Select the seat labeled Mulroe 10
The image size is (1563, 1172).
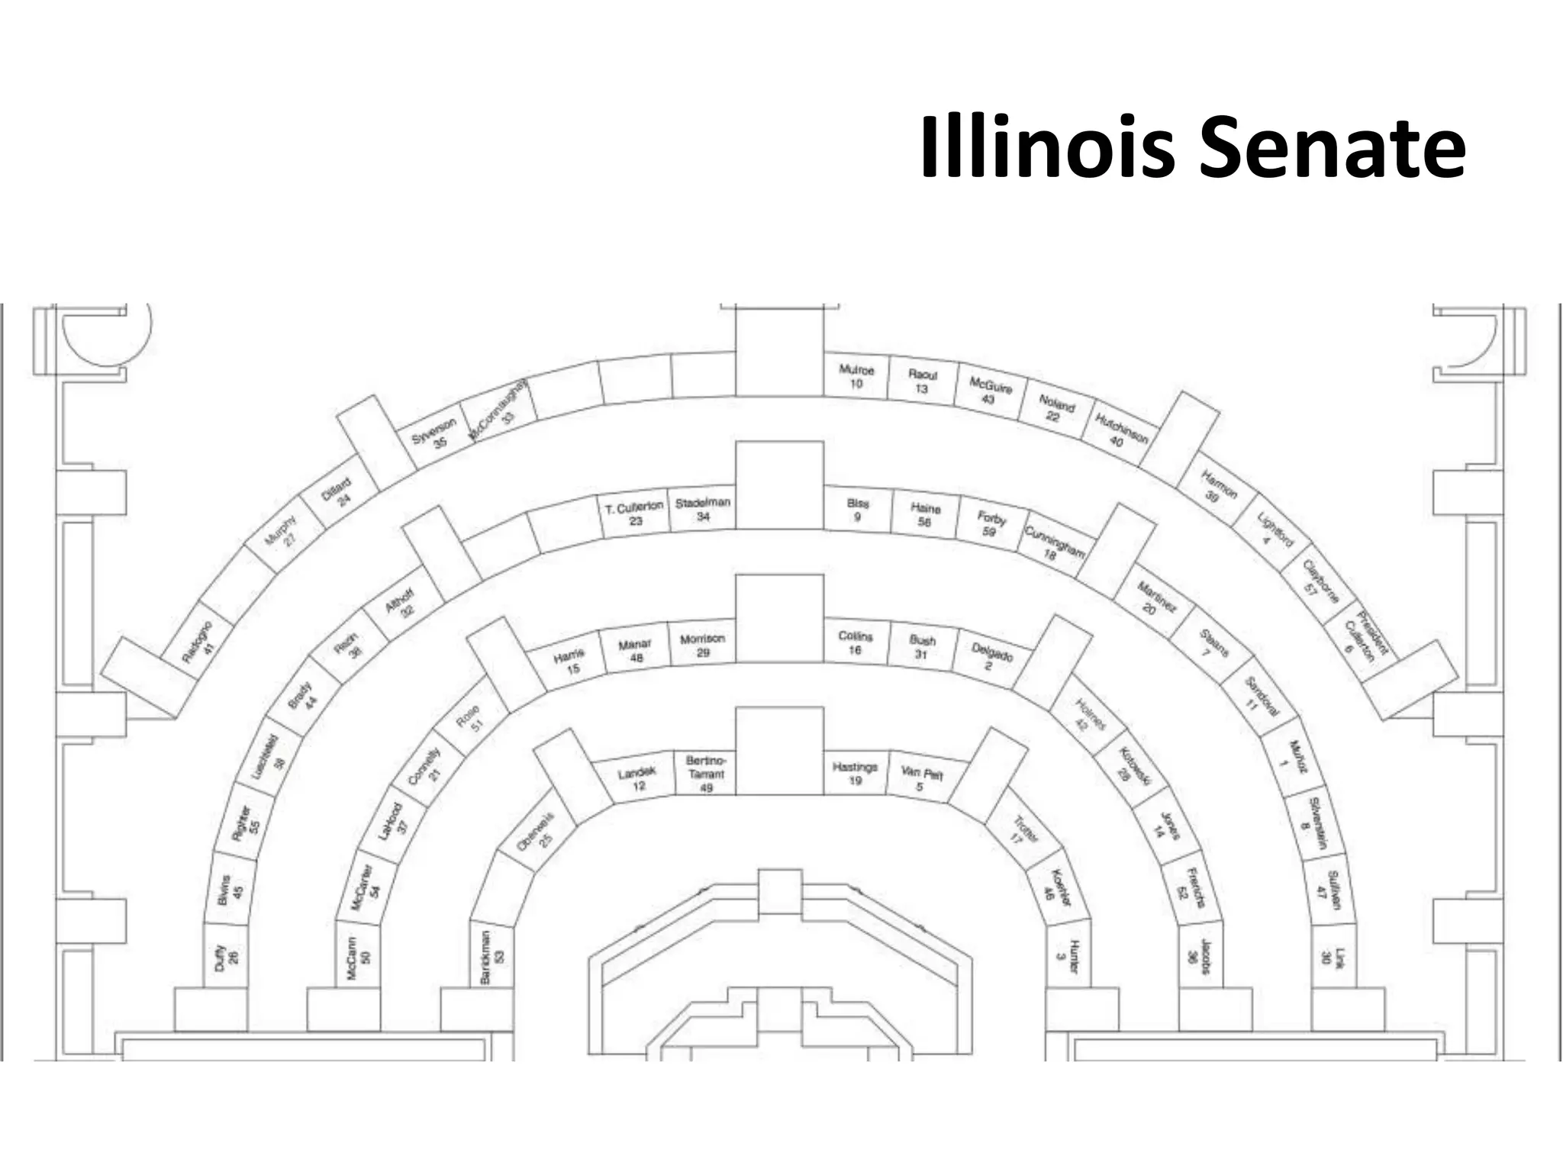[856, 376]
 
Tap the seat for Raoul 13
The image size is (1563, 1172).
[922, 382]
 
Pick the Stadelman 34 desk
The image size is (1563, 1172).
[703, 509]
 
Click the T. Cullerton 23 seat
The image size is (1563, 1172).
[635, 514]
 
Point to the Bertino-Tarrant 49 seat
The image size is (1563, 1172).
[706, 773]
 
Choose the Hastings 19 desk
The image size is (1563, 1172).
[856, 773]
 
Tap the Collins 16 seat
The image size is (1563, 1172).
[856, 642]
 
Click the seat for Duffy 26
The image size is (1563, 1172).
[227, 956]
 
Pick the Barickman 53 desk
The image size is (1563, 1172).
[492, 956]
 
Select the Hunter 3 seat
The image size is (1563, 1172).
[1067, 956]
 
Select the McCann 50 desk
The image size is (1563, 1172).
[358, 956]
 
